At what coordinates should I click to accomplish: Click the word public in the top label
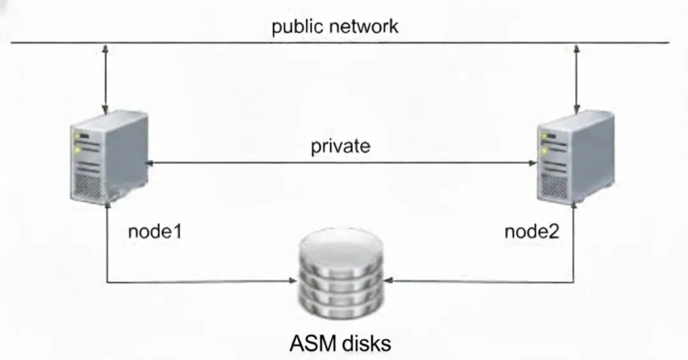295,27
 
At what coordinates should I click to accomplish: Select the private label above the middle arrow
340,146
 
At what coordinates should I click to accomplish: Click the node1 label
155,231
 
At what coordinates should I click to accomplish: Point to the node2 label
531,231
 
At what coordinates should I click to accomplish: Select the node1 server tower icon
108,159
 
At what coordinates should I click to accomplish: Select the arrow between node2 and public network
577,76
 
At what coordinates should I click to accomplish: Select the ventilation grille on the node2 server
553,185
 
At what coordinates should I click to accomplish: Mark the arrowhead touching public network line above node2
577,48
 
